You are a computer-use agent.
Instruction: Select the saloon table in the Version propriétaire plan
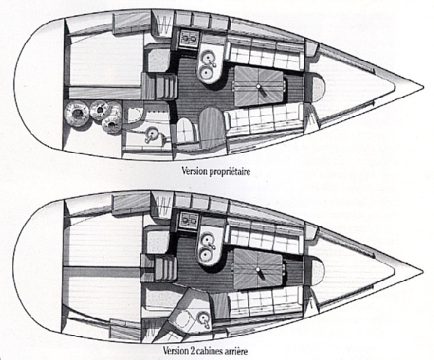coord(259,87)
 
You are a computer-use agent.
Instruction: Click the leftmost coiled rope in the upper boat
coord(77,114)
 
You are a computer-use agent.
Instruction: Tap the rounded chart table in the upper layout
coord(212,127)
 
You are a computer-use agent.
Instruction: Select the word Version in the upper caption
coord(194,171)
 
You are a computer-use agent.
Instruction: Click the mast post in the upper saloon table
coord(259,87)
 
